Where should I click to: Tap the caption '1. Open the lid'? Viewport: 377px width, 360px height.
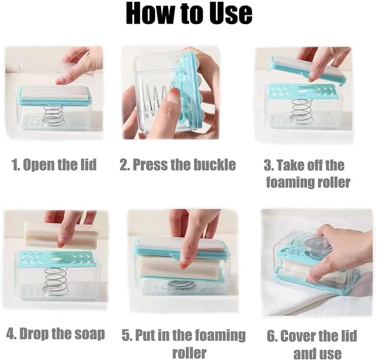click(x=54, y=165)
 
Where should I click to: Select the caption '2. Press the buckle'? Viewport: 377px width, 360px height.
click(x=178, y=165)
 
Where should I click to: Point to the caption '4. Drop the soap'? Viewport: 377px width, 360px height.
click(x=55, y=333)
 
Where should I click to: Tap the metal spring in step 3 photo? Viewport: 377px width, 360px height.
click(x=301, y=111)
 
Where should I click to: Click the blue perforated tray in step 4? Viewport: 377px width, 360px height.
click(x=56, y=259)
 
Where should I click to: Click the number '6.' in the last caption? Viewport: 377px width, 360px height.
click(x=273, y=336)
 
